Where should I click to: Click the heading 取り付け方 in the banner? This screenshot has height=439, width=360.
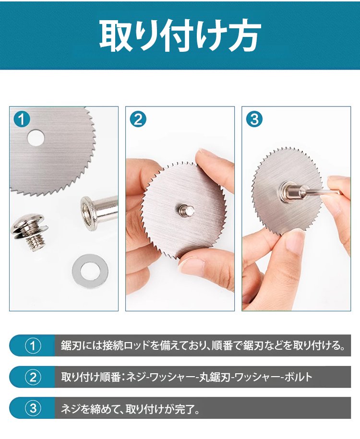[x=180, y=36]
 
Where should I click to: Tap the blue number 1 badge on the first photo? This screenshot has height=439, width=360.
[x=22, y=119]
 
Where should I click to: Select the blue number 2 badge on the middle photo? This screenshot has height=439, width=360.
[x=138, y=119]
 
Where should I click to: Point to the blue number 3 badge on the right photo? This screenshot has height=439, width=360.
[x=254, y=119]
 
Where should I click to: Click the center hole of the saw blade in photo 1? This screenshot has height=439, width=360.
[x=36, y=138]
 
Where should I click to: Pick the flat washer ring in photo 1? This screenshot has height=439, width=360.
[x=90, y=271]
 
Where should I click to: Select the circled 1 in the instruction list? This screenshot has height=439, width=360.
[x=33, y=345]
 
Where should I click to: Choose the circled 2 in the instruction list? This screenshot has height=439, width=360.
[x=33, y=377]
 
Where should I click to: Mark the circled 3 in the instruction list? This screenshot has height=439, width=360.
[x=33, y=408]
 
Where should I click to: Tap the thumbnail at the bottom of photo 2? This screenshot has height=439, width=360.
[x=193, y=264]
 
